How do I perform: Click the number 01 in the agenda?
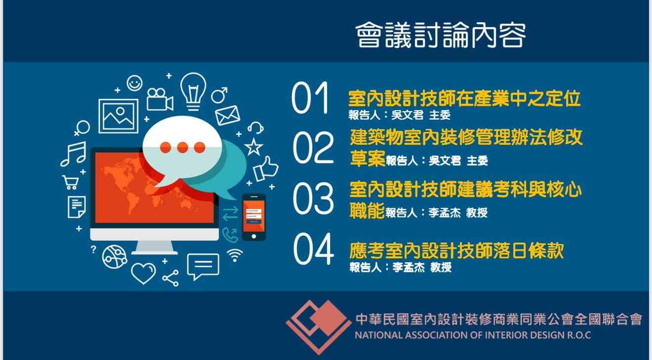pos(310,98)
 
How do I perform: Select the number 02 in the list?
pos(313,147)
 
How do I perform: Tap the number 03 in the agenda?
pos(313,199)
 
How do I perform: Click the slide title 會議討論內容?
pos(441,35)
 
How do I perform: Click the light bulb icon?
pos(193,91)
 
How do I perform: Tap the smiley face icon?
pos(134,83)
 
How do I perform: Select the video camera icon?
pos(160,99)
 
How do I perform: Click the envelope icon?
pos(228,115)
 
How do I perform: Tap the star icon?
pos(253,147)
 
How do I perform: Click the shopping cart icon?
pos(71,182)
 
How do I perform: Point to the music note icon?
pos(73,154)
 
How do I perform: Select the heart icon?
pos(143,273)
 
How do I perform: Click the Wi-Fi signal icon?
pos(235,255)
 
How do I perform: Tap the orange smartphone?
pos(253,217)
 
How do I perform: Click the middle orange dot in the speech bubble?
pos(182,148)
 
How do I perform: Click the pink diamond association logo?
pos(319,326)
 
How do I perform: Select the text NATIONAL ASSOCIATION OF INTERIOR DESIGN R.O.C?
pos(473,335)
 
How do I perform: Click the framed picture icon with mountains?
pos(118,116)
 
